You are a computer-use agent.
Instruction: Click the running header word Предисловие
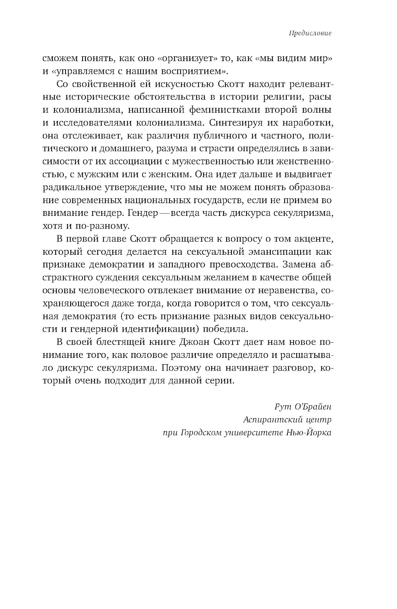310,33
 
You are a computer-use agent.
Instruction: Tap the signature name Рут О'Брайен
303,407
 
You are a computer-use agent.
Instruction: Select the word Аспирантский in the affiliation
269,419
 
